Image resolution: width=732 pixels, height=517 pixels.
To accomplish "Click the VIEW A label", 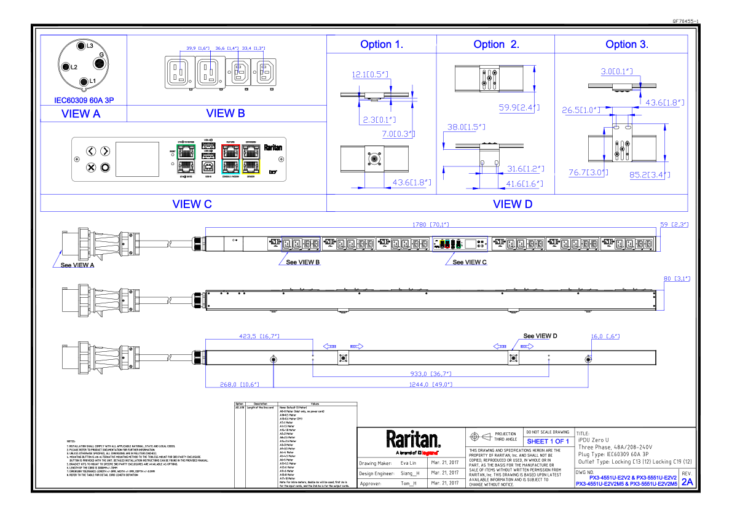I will pyautogui.click(x=81, y=113).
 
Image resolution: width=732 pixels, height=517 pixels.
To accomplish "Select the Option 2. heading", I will pyautogui.click(x=496, y=44).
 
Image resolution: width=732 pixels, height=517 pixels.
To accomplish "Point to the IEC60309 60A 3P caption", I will pyautogui.click(x=84, y=99).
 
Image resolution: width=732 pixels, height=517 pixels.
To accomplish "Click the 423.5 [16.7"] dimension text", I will pyautogui.click(x=259, y=336).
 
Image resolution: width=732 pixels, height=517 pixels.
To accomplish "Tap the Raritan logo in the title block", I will pyautogui.click(x=413, y=440).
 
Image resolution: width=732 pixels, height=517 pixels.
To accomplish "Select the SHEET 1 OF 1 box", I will pyautogui.click(x=548, y=441).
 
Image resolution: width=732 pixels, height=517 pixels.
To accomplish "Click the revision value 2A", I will pyautogui.click(x=687, y=482).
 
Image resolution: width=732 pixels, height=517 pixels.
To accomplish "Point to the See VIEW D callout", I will pyautogui.click(x=540, y=336).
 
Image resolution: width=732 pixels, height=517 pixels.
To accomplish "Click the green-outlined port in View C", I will pyautogui.click(x=185, y=150).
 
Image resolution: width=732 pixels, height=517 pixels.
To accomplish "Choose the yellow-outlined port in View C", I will pyautogui.click(x=250, y=167).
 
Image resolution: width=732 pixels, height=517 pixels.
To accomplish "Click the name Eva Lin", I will pyautogui.click(x=409, y=463).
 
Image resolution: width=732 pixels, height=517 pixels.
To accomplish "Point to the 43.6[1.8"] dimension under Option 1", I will pyautogui.click(x=411, y=182).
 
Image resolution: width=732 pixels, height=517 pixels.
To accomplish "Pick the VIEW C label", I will pyautogui.click(x=192, y=204).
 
